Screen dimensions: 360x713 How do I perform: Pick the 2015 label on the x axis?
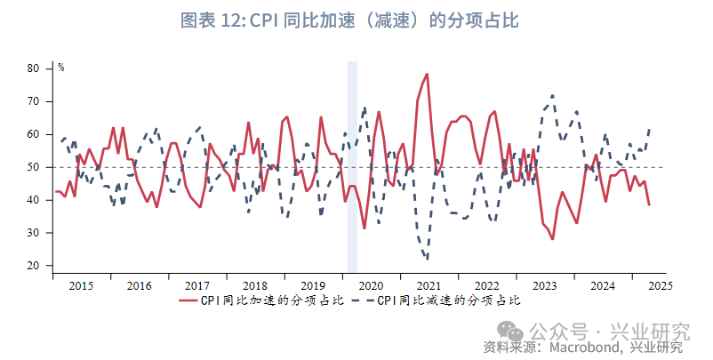coord(81,285)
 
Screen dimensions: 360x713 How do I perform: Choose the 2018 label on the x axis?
coord(254,285)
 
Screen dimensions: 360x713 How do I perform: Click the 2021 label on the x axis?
coord(429,285)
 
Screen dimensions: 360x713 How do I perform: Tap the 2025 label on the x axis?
coord(660,285)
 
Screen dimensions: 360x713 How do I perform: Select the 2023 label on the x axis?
coord(544,285)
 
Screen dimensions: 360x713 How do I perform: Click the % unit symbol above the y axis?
coord(60,68)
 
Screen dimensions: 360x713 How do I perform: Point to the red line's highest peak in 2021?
coord(428,74)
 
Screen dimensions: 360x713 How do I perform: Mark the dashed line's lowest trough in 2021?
coord(428,260)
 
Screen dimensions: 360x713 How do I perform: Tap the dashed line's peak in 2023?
coord(553,95)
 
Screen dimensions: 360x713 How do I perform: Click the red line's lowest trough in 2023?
coord(552,239)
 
